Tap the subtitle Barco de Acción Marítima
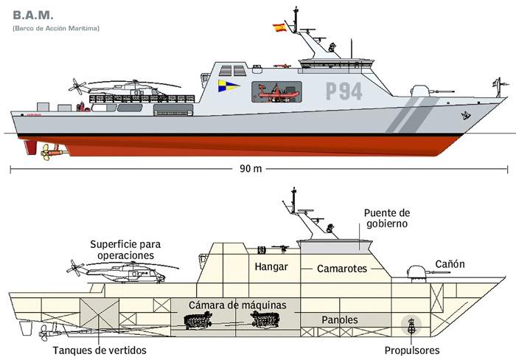(56, 28)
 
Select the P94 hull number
(344, 91)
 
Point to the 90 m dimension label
(251, 169)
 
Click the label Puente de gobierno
(386, 218)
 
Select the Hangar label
(271, 267)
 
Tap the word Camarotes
(341, 269)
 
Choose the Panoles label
(340, 320)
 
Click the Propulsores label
(411, 350)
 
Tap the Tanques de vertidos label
(100, 350)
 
